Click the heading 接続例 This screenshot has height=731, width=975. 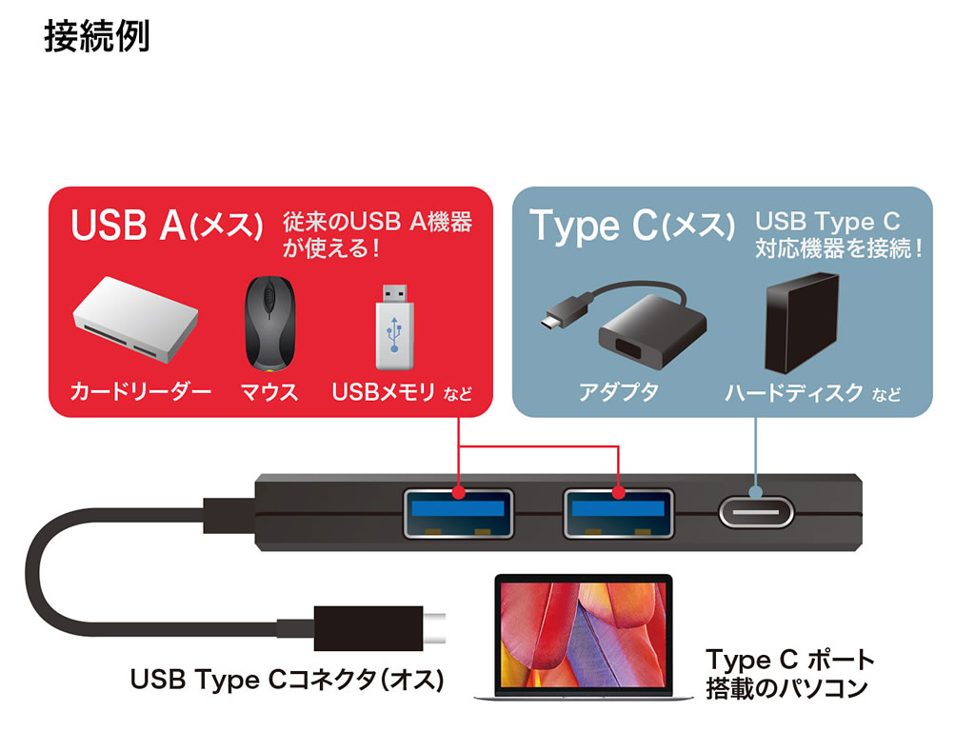(x=96, y=38)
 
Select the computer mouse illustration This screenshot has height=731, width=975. (x=269, y=324)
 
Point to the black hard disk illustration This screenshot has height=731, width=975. (x=802, y=324)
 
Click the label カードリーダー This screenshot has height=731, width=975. (x=140, y=391)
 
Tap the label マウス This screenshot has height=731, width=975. (x=269, y=391)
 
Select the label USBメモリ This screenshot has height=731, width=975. (x=383, y=391)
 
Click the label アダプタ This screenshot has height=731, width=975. (x=618, y=391)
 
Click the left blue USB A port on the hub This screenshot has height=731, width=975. (x=458, y=514)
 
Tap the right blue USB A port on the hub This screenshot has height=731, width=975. (x=619, y=514)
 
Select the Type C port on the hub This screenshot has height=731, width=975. (x=755, y=514)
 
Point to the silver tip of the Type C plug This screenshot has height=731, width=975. (x=435, y=628)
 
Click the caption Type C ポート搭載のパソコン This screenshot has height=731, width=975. (x=788, y=673)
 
